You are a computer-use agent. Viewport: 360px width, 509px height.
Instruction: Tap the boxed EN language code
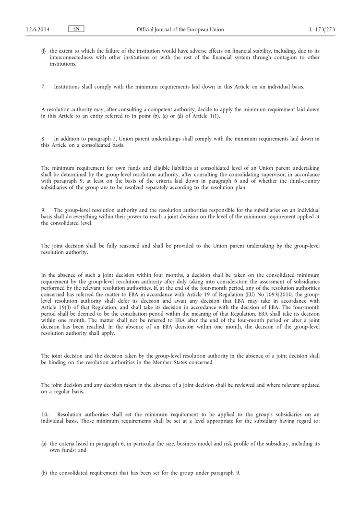click(x=76, y=29)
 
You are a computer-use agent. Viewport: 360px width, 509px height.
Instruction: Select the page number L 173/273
click(x=322, y=30)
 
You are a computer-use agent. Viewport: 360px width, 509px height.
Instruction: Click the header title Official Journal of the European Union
click(x=180, y=30)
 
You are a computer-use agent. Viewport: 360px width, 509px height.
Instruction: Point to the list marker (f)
click(x=44, y=51)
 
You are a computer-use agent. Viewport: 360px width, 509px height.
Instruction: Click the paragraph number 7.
click(x=44, y=87)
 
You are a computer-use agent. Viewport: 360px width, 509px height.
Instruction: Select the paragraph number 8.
click(x=44, y=139)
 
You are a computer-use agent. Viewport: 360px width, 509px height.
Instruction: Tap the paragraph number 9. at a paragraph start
click(x=44, y=211)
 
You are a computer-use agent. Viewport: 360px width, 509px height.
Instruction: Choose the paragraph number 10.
click(x=46, y=414)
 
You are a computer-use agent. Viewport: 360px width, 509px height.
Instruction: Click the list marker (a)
click(x=44, y=444)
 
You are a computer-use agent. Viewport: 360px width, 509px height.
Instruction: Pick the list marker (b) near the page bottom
click(x=44, y=473)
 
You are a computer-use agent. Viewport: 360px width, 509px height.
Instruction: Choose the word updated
click(x=308, y=385)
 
